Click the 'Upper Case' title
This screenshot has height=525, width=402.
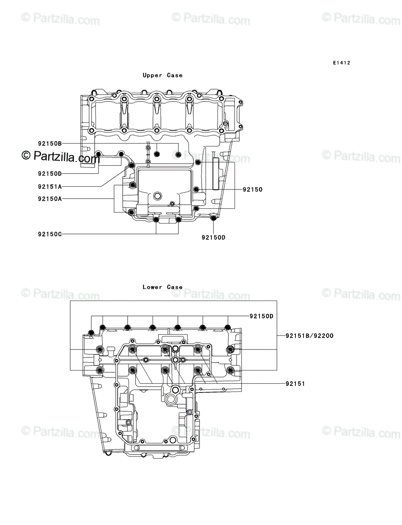coord(162,75)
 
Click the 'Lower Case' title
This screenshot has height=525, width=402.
coord(162,287)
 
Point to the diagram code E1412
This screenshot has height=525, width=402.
coord(341,63)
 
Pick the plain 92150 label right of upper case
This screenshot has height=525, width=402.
coord(253,190)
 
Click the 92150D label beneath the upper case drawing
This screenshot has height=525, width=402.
coord(213,238)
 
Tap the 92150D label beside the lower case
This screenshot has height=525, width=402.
coord(262,316)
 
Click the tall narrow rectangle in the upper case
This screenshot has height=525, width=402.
coord(215,174)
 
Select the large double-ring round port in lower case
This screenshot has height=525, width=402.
coord(172,399)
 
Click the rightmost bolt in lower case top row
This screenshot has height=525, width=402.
coord(228,327)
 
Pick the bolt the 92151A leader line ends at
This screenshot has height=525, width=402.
coord(131,165)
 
